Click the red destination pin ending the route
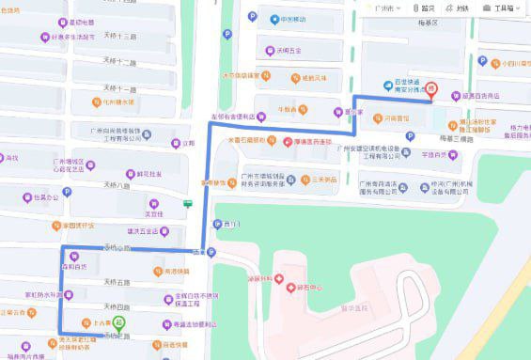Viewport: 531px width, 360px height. [431, 90]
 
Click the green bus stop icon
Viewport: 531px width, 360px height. [189, 203]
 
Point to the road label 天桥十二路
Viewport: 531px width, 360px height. [120, 63]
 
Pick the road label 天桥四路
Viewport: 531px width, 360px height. [117, 307]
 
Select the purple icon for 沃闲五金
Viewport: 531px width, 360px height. [271, 51]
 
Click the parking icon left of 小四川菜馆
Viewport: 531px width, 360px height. [482, 61]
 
